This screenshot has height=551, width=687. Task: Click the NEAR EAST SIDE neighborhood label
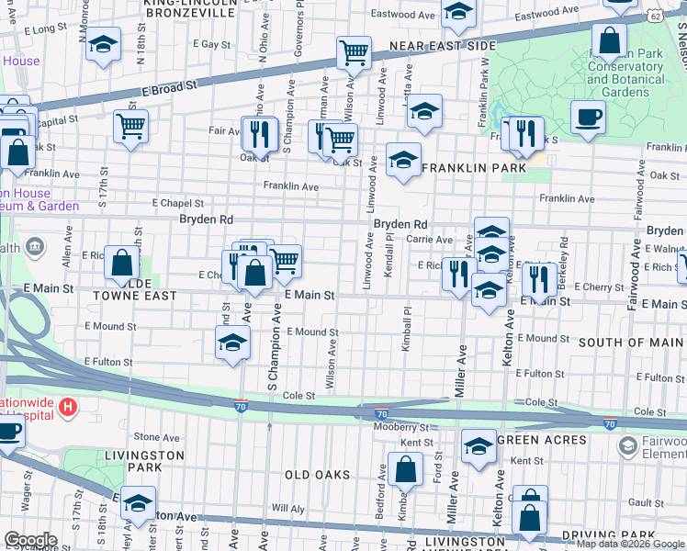[x=443, y=46]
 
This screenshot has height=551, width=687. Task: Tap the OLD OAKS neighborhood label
[x=317, y=475]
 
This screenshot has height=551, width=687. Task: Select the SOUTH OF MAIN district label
[x=631, y=343]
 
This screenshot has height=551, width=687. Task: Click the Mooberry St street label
[x=400, y=427]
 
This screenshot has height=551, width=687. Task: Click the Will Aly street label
[x=287, y=508]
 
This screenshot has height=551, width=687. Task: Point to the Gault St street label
[x=647, y=503]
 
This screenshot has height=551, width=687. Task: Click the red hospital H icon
[x=66, y=405]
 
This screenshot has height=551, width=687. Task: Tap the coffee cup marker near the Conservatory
[x=587, y=117]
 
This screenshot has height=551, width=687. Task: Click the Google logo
[x=30, y=540]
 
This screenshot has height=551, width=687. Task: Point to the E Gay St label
[x=210, y=44]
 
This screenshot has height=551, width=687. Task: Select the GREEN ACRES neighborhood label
[x=541, y=441]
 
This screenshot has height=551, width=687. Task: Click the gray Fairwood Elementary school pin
[x=627, y=446]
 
